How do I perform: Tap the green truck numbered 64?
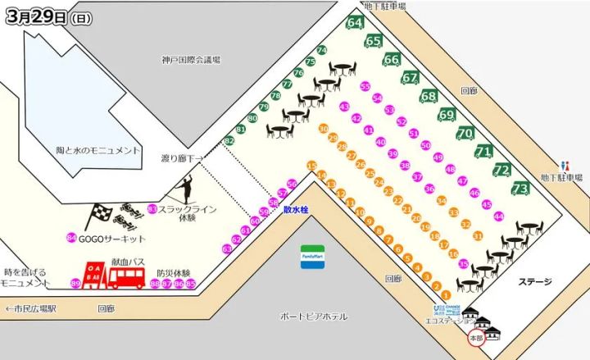(x=356, y=23)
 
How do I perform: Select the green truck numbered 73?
(x=520, y=189)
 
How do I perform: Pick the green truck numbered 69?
(x=447, y=116)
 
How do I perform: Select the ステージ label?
(x=534, y=281)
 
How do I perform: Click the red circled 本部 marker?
(x=474, y=338)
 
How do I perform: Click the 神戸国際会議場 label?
(x=192, y=59)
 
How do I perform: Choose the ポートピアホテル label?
(x=314, y=316)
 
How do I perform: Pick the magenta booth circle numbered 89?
(x=76, y=284)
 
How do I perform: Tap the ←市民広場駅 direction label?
(x=29, y=309)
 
